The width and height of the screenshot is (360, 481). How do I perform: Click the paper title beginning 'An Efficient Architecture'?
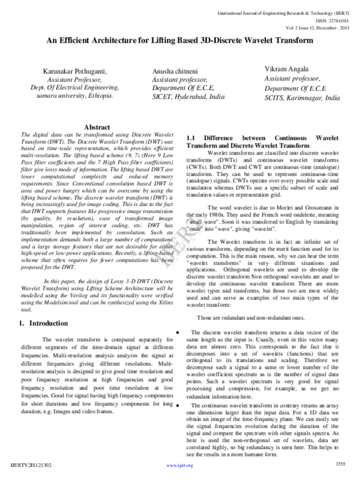coord(180,41)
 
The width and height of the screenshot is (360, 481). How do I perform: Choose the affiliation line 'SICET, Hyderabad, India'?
coord(188,97)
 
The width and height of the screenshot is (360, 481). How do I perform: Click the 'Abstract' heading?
coord(97,127)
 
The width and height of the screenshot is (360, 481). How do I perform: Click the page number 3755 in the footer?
coord(341,464)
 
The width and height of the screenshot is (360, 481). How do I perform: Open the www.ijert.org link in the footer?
coord(175,465)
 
